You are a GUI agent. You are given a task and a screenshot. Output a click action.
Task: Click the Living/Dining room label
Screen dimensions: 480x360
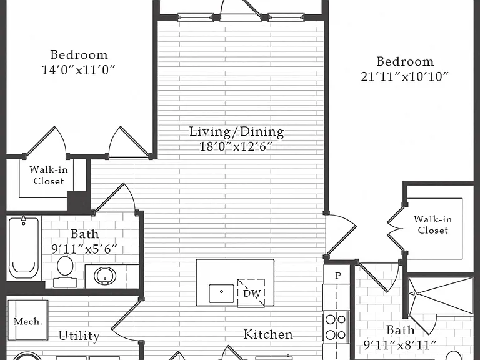pos(237,132)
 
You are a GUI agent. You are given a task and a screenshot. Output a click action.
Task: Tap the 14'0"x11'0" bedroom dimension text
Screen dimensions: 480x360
pos(78,70)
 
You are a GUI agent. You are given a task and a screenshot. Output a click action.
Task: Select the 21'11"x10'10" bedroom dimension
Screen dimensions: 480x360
pos(405,76)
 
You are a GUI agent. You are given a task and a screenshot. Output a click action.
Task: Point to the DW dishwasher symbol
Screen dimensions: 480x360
pos(251,293)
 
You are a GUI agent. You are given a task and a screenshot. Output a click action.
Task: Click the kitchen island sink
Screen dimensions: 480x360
pos(221,294)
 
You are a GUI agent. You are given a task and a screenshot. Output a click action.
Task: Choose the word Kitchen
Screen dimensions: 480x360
pos(268,334)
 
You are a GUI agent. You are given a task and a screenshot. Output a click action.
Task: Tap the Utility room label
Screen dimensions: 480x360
pos(79,336)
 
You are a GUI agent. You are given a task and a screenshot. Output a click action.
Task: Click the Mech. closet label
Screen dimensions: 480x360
pos(28,321)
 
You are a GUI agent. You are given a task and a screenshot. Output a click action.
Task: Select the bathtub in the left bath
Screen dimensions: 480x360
pos(24,247)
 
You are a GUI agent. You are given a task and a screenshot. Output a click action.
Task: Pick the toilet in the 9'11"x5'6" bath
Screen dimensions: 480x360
pos(65,271)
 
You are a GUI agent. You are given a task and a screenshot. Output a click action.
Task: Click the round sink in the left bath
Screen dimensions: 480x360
pos(105,276)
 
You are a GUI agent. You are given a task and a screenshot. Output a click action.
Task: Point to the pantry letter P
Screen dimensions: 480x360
pos(338,276)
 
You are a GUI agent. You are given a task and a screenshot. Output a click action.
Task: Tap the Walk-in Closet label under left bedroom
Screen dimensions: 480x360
pos(49,175)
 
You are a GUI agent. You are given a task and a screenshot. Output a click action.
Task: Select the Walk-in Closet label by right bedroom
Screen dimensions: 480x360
pos(433,225)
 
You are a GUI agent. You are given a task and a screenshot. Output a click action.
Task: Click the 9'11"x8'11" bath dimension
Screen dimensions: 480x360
pos(400,345)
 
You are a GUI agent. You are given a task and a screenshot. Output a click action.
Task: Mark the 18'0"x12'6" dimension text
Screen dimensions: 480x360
pos(236,147)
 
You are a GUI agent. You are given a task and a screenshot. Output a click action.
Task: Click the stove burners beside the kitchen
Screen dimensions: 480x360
pos(336,327)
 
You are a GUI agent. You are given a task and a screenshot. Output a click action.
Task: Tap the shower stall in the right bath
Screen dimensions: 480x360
pos(441,296)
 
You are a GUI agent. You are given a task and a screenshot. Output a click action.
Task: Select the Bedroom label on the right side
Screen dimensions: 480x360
pos(405,61)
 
